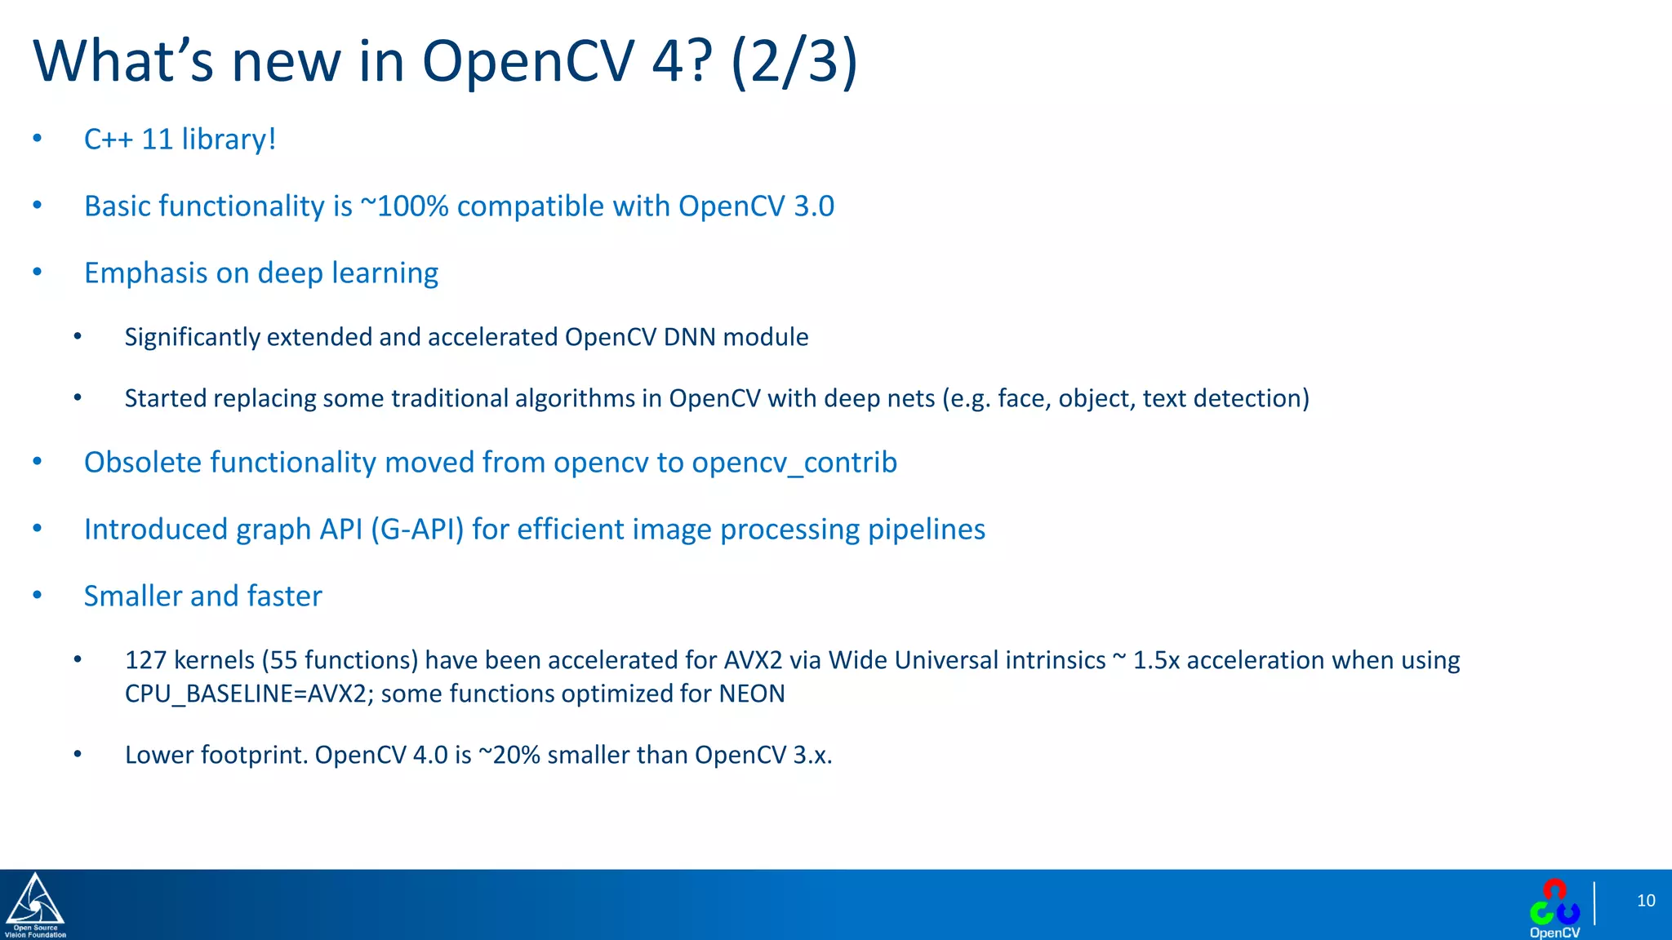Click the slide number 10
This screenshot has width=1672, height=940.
[x=1645, y=901]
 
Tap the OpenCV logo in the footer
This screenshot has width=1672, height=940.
[x=1554, y=907]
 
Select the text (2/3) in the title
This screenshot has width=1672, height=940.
[x=794, y=61]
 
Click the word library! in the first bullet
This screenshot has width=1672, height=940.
[x=229, y=140]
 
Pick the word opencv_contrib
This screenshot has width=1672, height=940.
[x=794, y=463]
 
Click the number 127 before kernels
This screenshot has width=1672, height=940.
[x=145, y=660]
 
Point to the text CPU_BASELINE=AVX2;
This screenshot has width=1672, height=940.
[x=249, y=694]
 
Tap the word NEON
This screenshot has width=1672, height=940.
[x=751, y=694]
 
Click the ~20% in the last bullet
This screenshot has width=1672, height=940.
[x=509, y=755]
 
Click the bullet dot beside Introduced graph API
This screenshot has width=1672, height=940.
[x=37, y=530]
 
